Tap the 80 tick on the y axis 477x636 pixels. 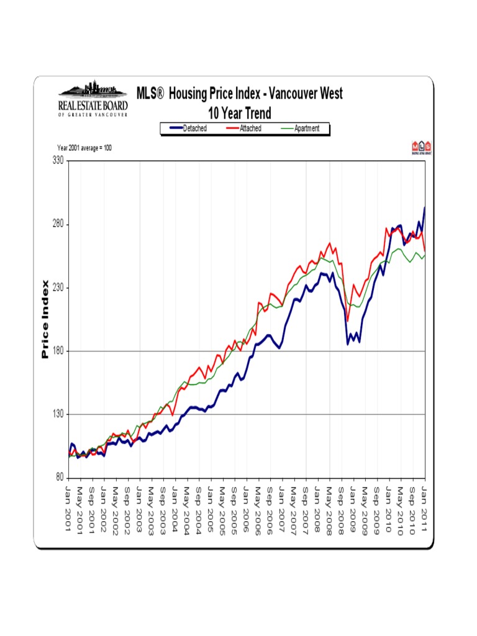[x=58, y=478]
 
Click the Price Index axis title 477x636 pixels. [x=45, y=319]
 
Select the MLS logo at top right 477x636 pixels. [x=420, y=148]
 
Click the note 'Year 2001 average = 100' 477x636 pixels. [x=84, y=148]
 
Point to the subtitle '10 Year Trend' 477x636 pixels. [x=239, y=113]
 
